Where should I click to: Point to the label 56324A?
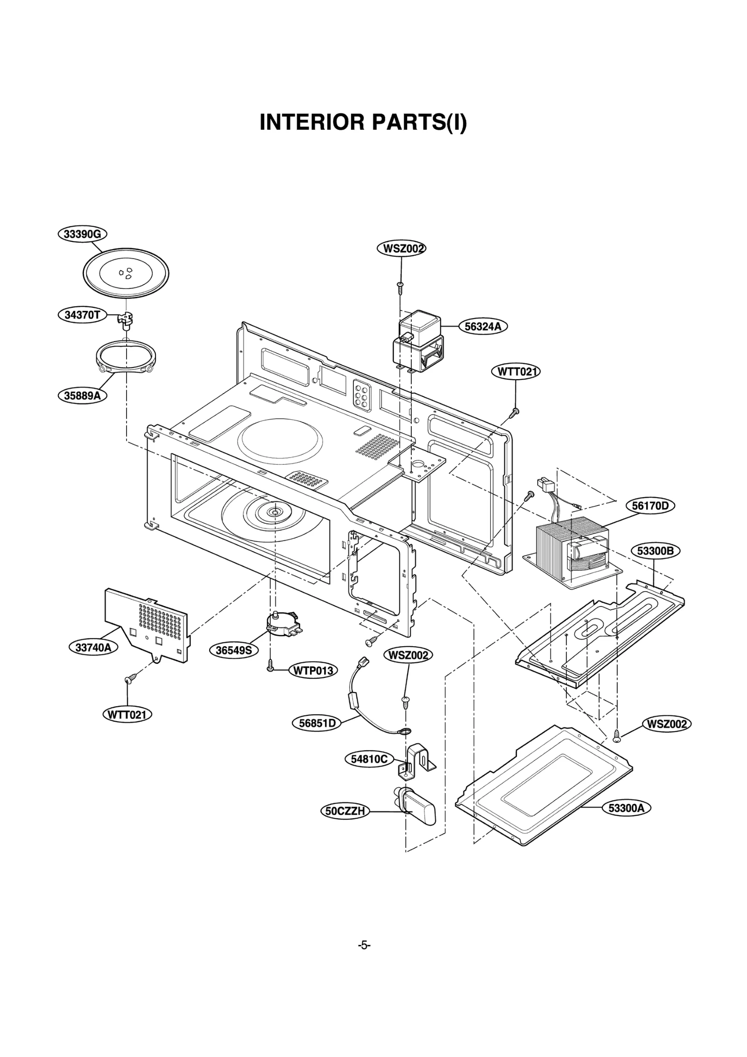483,326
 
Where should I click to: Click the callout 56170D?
650,506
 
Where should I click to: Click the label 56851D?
317,723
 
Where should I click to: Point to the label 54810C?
369,759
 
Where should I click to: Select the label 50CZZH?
345,811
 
